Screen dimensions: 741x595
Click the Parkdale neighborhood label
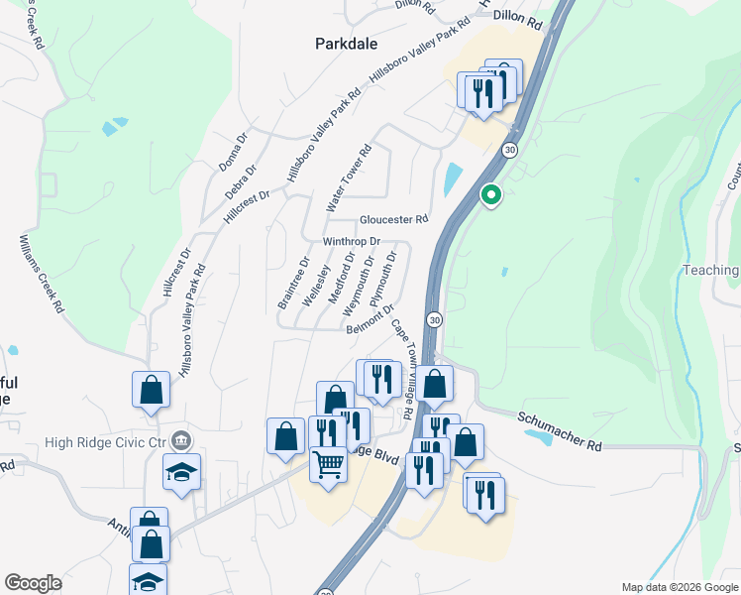coord(346,44)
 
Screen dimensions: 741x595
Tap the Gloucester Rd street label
coord(393,219)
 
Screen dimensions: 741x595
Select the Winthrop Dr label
coord(352,241)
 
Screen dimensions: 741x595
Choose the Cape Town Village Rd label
coord(401,367)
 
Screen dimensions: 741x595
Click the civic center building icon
coord(180,440)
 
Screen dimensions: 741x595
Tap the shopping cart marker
coord(328,463)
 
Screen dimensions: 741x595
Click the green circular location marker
coord(489,195)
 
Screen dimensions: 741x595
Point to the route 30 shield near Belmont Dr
coord(434,320)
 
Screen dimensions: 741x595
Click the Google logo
coord(33,583)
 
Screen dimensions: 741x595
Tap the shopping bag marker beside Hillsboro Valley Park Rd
coord(151,389)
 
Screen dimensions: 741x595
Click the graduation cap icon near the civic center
coord(182,471)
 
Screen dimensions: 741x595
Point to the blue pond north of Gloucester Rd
coord(453,178)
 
